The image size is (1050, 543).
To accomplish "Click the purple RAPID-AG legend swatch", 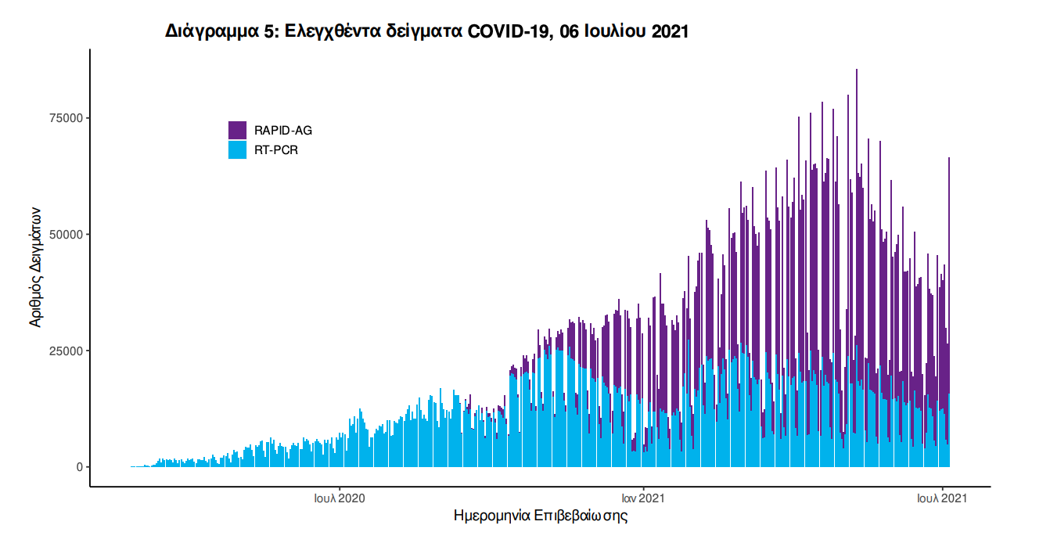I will [237, 130].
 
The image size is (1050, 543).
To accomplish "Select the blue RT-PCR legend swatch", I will [237, 149].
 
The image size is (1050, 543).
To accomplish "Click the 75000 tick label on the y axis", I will [67, 118].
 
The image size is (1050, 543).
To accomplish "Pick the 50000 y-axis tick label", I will [67, 235].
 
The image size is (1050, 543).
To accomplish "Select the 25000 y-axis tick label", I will [67, 351].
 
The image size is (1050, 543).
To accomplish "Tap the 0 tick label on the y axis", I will [78, 467].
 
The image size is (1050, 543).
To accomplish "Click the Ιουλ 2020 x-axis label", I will [339, 497].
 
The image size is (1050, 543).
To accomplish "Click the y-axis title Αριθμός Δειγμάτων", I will [36, 267].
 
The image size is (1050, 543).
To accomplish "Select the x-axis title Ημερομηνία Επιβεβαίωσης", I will [541, 516].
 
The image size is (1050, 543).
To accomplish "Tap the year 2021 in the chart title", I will [669, 32].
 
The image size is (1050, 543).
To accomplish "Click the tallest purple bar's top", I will [857, 70].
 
